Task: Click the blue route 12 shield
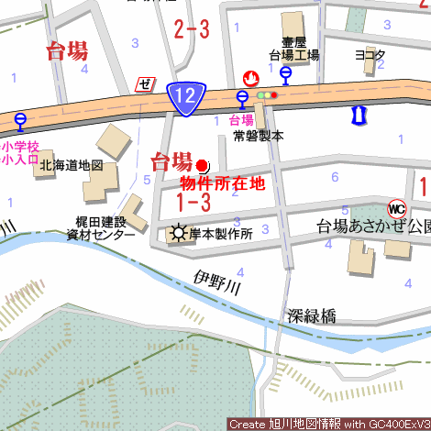pyautogui.click(x=186, y=96)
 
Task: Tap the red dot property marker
pyautogui.click(x=203, y=165)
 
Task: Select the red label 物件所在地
pyautogui.click(x=223, y=183)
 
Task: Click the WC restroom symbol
pyautogui.click(x=397, y=207)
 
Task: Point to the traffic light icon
pyautogui.click(x=267, y=94)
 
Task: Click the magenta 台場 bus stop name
pyautogui.click(x=241, y=120)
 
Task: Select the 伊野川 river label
pyautogui.click(x=217, y=281)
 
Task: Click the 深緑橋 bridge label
pyautogui.click(x=311, y=317)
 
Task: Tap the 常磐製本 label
pyautogui.click(x=258, y=135)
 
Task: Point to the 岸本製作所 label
pyautogui.click(x=221, y=234)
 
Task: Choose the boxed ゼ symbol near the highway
pyautogui.click(x=144, y=84)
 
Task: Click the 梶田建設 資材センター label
pyautogui.click(x=102, y=227)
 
